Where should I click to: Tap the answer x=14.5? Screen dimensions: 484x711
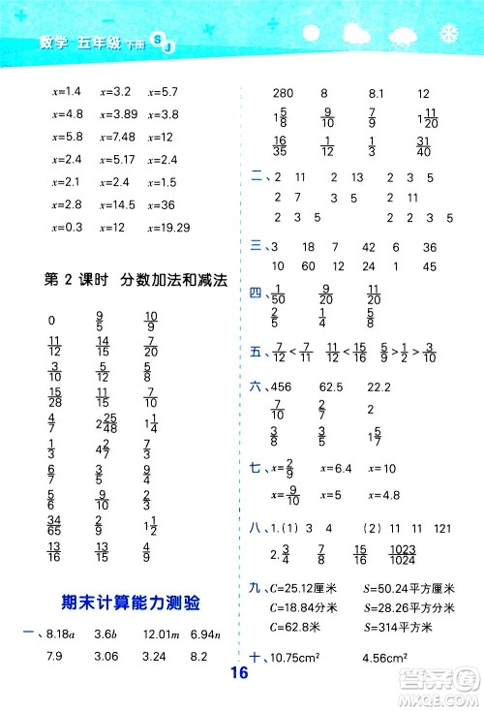[x=117, y=204]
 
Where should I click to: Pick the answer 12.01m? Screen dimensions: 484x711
[x=160, y=634]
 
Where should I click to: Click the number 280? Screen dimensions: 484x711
[x=283, y=93]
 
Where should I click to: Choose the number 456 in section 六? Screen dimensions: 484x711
[x=283, y=385]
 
